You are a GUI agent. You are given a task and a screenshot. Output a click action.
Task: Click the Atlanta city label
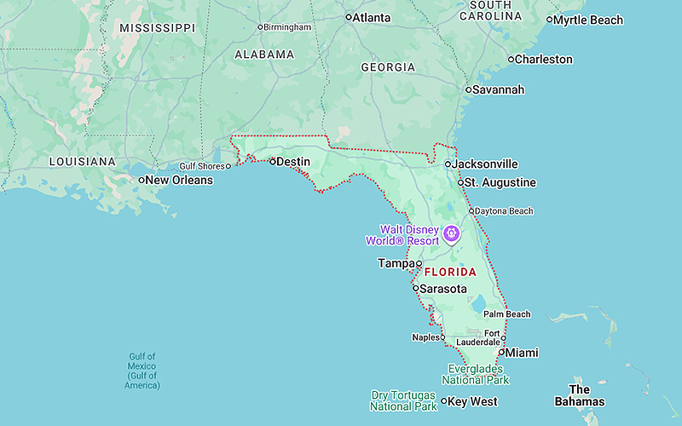click(x=373, y=17)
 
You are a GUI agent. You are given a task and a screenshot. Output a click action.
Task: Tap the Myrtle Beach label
click(x=589, y=20)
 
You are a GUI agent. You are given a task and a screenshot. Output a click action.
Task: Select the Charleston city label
click(x=544, y=60)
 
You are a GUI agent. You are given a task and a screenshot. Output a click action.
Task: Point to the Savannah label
click(x=499, y=89)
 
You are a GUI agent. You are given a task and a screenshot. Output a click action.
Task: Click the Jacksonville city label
click(x=484, y=164)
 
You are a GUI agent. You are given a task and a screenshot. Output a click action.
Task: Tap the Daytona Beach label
click(x=504, y=211)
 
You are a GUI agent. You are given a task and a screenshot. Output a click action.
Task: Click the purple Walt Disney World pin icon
click(x=451, y=233)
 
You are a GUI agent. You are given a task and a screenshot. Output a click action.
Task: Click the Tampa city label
click(x=396, y=263)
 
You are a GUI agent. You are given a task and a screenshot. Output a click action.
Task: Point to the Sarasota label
click(x=442, y=289)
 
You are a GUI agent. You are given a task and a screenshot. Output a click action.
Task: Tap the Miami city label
click(x=521, y=352)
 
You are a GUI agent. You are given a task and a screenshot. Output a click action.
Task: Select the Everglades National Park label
click(x=478, y=374)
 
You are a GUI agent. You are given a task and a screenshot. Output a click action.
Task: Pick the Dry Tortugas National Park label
click(x=404, y=400)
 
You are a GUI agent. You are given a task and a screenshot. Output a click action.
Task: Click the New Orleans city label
click(x=177, y=180)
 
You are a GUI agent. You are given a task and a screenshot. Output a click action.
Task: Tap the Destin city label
click(x=293, y=161)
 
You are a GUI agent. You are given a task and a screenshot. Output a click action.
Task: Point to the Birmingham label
click(x=287, y=27)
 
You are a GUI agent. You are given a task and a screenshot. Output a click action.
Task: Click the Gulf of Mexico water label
click(x=142, y=371)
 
